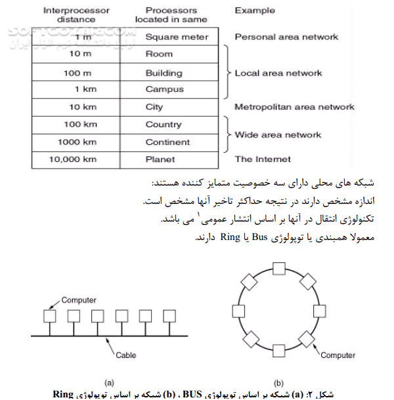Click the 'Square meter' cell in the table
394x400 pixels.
[x=177, y=37]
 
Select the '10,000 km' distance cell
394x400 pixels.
[x=75, y=159]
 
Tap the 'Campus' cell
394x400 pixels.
[x=164, y=89]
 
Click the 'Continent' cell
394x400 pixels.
[x=167, y=142]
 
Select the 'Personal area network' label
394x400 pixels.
[x=286, y=37]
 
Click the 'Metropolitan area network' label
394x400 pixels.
[x=294, y=107]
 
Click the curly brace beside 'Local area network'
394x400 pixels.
[x=228, y=72]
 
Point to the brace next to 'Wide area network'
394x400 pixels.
[x=228, y=134]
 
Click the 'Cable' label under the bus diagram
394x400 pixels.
[x=126, y=355]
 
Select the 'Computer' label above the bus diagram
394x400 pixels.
[x=79, y=300]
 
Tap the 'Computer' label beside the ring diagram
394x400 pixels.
[x=338, y=355]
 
